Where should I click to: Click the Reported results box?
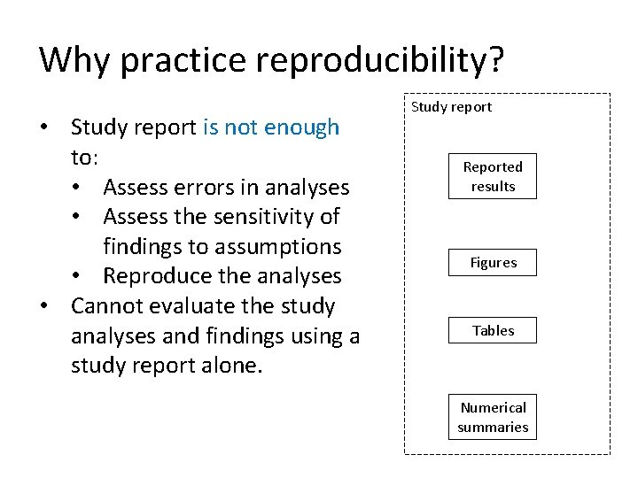coord(493,177)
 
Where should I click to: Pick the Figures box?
coord(493,263)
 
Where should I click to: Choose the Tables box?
coord(493,331)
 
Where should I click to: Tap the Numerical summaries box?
coord(493,418)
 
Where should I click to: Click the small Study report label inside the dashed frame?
coord(451,107)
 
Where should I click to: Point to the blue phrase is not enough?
coord(270,127)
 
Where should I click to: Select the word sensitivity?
coord(251,217)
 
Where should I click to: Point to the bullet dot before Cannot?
coord(43,306)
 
